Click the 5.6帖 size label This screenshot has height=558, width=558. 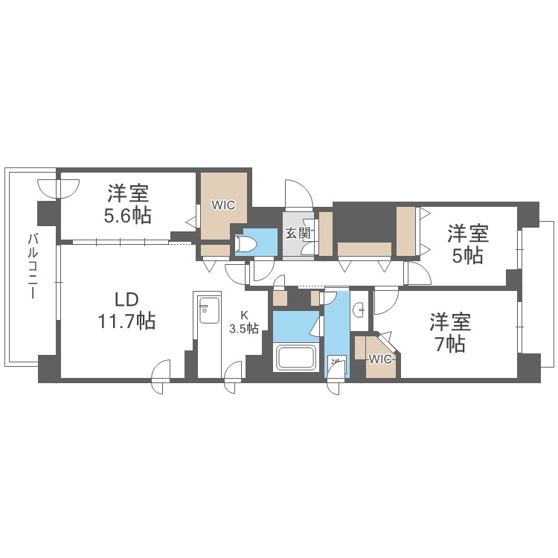(128, 215)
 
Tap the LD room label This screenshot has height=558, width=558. (126, 300)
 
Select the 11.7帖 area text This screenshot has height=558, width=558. (126, 321)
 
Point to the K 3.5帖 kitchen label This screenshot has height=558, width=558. (244, 322)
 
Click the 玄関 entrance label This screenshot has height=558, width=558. (298, 234)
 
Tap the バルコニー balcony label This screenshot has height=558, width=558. (33, 266)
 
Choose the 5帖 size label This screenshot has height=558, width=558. (468, 255)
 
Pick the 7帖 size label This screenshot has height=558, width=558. (450, 344)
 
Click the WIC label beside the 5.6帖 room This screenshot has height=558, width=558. (223, 205)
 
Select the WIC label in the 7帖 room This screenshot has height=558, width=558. (380, 359)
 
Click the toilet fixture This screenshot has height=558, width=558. (246, 244)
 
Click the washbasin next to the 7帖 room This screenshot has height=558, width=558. (359, 310)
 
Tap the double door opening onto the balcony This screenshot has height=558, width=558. (58, 189)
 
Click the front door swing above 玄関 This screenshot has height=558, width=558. (299, 194)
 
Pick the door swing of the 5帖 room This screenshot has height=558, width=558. (418, 273)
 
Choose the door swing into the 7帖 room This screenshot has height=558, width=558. (386, 301)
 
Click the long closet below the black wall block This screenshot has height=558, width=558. (365, 249)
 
